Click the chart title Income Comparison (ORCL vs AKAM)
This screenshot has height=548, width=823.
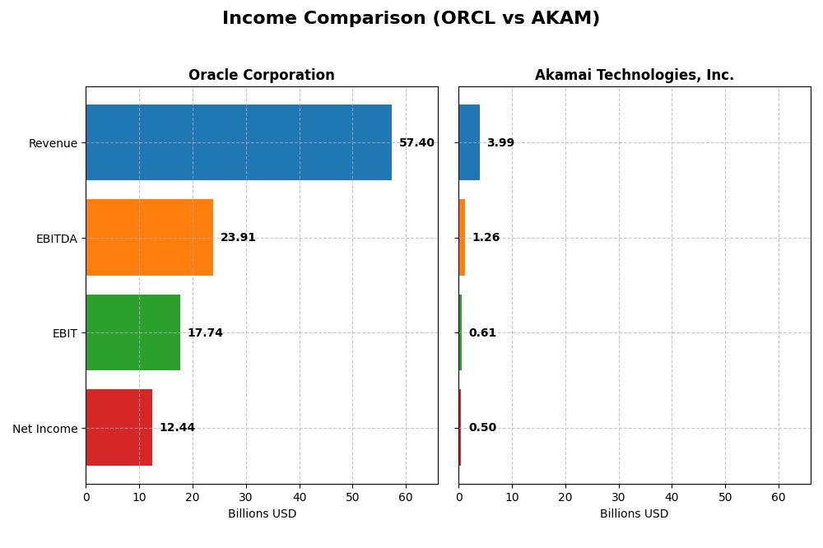click(x=411, y=19)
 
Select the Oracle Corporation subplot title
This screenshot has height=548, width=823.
click(x=261, y=76)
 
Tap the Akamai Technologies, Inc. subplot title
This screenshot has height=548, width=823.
click(x=634, y=76)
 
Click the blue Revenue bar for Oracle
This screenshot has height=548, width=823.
click(x=239, y=142)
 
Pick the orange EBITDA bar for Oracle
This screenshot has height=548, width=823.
click(x=149, y=238)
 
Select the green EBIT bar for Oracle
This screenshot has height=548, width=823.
click(x=133, y=332)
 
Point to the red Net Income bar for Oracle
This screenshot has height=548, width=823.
click(x=119, y=428)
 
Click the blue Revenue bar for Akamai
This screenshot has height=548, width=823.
click(x=469, y=142)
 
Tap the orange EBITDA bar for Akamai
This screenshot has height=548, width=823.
click(x=462, y=238)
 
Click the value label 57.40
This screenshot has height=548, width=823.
click(x=416, y=143)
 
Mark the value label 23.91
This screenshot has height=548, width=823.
click(x=238, y=238)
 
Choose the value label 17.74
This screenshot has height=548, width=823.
click(x=205, y=333)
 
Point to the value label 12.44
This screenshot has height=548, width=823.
click(x=177, y=428)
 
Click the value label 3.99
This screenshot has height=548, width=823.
click(x=500, y=143)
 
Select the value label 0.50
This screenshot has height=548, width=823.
click(x=482, y=428)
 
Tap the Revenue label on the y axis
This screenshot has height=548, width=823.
click(x=53, y=143)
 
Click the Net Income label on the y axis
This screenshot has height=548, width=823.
click(x=44, y=429)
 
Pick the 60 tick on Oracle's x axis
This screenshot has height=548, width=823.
click(x=406, y=497)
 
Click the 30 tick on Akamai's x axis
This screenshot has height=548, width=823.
click(x=618, y=497)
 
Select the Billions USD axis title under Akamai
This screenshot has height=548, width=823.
click(x=634, y=514)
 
